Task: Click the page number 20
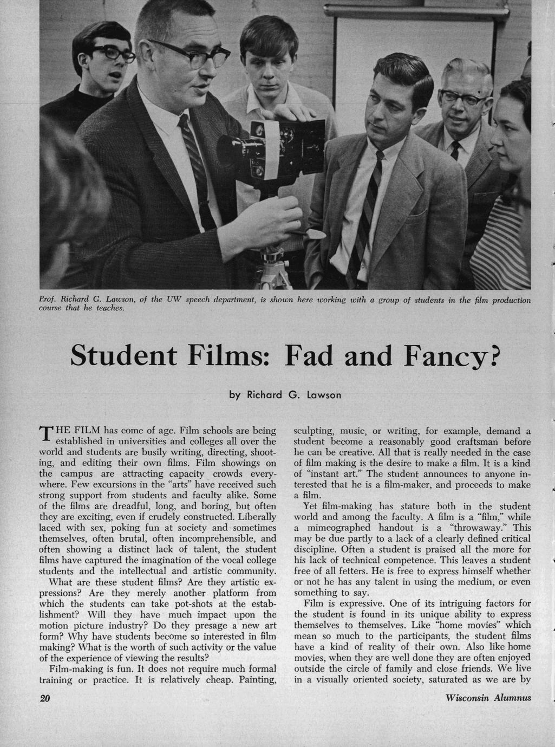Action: click(x=45, y=699)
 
